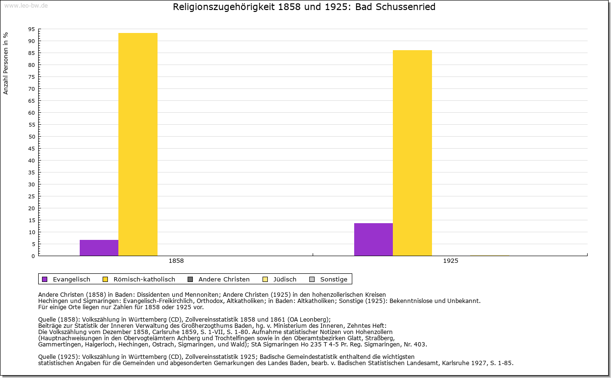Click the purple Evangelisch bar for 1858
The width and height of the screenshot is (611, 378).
99,248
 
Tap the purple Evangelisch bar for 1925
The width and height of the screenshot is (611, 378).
373,239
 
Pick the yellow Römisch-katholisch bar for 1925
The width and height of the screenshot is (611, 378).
412,153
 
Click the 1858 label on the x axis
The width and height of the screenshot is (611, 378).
176,261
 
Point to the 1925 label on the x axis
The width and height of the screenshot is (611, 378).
450,261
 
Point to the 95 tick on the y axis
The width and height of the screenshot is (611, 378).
32,29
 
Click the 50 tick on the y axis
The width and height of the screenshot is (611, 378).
32,137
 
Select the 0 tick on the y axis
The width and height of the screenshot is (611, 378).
33,256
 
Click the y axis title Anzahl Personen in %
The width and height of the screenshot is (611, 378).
6,63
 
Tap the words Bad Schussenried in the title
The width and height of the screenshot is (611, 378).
395,7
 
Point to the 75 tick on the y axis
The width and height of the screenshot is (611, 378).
32,77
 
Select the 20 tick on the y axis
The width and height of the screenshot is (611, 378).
32,208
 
